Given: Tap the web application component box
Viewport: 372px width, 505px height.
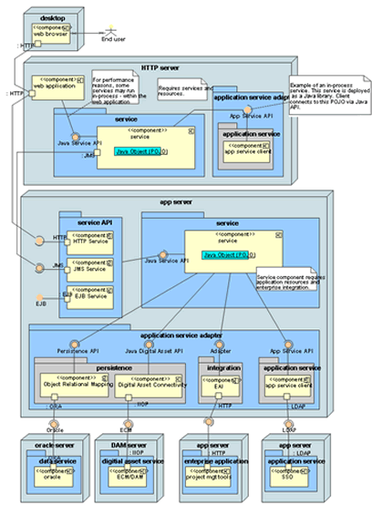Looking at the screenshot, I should pos(57,87).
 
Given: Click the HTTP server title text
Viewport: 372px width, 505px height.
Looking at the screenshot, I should pos(160,67).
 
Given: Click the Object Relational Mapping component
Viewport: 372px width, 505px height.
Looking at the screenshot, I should pos(74,384).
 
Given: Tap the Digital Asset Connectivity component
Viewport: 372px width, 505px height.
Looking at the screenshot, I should pos(151,384).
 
